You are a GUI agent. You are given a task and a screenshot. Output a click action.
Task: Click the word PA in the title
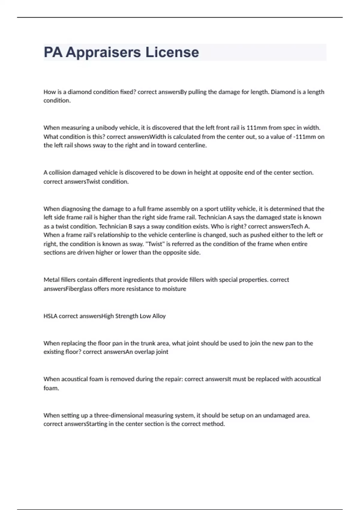click(53, 52)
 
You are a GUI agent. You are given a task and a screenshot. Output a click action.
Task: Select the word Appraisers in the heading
click(103, 52)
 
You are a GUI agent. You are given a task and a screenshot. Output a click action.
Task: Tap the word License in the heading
click(172, 52)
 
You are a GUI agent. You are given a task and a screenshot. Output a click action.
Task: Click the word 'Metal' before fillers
click(51, 280)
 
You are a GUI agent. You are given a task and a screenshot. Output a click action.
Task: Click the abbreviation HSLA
click(50, 316)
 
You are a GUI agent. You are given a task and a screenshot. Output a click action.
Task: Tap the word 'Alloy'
click(159, 316)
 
